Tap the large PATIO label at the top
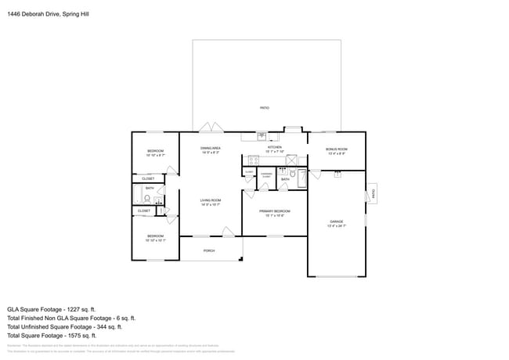pos(265,107)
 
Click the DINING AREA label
pos(210,148)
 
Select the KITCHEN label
pos(274,147)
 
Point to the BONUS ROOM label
pos(337,149)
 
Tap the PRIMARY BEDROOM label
pos(274,211)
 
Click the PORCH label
pos(209,250)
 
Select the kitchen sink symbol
pos(261,135)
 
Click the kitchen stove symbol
pos(254,160)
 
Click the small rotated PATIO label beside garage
pos(373,193)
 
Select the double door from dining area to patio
pos(209,128)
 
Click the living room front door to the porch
pos(228,232)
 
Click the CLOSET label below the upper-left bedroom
pos(147,178)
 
